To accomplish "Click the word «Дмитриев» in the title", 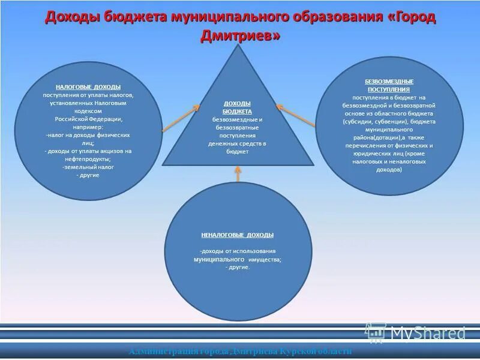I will tap(239, 36).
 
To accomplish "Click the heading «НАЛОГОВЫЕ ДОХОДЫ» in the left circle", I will tap(88, 87).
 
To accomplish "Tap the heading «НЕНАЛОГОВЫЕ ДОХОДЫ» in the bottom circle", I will tap(238, 235).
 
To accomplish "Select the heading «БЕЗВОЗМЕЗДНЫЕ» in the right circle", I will tap(389, 81).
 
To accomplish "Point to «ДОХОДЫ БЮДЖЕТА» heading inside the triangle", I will tap(238, 107).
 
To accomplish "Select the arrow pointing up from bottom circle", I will tap(238, 174).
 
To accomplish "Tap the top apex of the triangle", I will tap(238, 47).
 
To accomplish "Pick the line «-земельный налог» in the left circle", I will tap(88, 167).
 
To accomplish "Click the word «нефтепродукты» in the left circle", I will tap(88, 159).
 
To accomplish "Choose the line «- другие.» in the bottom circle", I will tap(238, 267).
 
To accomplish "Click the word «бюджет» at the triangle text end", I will tap(238, 152).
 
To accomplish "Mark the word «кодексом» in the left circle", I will tap(88, 111).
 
